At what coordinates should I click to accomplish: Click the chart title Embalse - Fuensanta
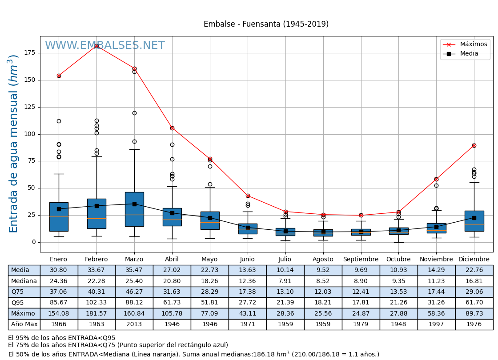point(266,24)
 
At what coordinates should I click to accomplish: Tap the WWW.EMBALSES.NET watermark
point(104,46)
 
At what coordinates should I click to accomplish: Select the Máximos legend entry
point(473,44)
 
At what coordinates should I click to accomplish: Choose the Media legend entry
point(469,54)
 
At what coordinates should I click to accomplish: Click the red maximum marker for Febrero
point(96,46)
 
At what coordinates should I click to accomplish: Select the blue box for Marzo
point(134,209)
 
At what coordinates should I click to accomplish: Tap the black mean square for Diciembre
point(474,218)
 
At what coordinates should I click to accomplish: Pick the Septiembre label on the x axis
point(361,260)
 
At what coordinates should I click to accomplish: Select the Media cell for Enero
point(59,270)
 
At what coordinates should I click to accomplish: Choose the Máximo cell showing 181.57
point(96,313)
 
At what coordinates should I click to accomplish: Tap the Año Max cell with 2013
point(134,324)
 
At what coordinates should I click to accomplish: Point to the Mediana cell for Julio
point(285,281)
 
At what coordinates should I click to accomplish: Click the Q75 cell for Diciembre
point(474,292)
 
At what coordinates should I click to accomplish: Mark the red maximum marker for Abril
point(172,128)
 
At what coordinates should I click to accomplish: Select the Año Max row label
point(24,324)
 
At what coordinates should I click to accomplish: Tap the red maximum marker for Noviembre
point(436,179)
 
